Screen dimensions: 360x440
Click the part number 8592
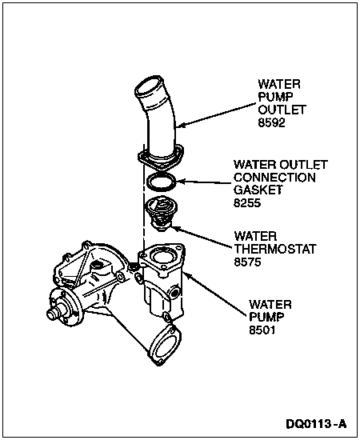point(272,122)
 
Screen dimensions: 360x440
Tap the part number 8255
point(247,202)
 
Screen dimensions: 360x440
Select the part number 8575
point(248,262)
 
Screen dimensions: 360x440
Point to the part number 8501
point(262,330)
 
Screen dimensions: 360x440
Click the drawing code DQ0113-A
point(316,424)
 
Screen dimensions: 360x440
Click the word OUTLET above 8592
point(282,110)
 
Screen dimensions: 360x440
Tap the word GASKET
point(258,190)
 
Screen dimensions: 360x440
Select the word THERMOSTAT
point(275,249)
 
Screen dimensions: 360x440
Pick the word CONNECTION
point(274,178)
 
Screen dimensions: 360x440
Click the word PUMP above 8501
point(266,317)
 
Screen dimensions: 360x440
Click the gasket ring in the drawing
point(162,182)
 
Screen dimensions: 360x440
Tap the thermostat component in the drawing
point(158,214)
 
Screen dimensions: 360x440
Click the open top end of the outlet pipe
point(149,89)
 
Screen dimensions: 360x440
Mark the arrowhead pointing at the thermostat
point(175,229)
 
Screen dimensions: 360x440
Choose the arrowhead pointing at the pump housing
point(187,275)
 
